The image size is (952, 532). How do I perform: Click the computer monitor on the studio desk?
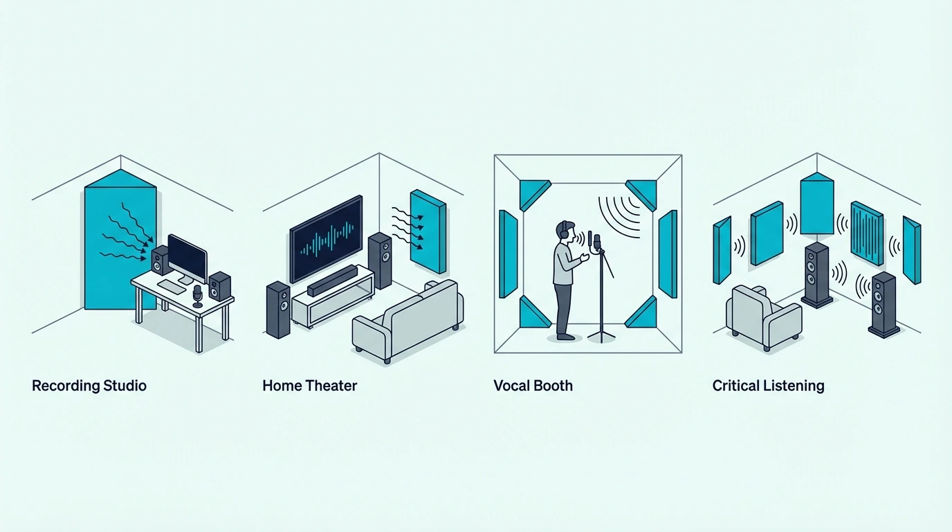point(187,258)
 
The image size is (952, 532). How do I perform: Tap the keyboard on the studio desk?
point(172,286)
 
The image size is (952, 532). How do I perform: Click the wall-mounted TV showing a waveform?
point(326,239)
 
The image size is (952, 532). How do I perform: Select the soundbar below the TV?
point(332,281)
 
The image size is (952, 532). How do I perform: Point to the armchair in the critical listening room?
point(763,317)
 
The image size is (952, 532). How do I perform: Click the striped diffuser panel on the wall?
point(867,233)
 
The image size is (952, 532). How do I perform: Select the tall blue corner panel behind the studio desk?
point(120,239)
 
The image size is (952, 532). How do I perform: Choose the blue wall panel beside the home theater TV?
point(428,231)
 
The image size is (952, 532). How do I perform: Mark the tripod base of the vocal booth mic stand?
point(601,335)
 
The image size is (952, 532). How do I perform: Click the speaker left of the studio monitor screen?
point(161,260)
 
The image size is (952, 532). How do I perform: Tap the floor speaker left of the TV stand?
point(278,310)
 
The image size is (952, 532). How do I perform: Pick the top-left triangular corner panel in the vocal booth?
point(533,193)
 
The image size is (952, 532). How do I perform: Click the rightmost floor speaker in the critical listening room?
point(883,305)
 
